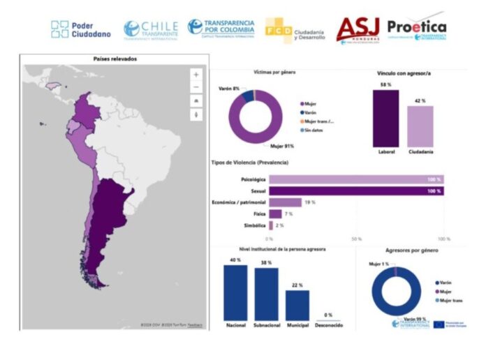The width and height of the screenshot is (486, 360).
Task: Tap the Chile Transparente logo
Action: pyautogui.click(x=151, y=29)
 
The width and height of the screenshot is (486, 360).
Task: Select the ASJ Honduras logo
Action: pyautogui.click(x=358, y=29)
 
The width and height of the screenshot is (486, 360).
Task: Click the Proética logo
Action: pyautogui.click(x=415, y=28)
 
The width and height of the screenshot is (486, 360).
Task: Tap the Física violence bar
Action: pyautogui.click(x=275, y=214)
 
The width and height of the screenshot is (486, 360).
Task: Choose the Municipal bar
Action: pyautogui.click(x=297, y=304)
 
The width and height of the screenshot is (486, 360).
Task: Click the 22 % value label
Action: pyautogui.click(x=297, y=285)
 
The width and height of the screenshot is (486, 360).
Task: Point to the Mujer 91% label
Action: pyautogui.click(x=281, y=147)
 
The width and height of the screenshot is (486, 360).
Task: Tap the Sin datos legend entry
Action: pyautogui.click(x=312, y=130)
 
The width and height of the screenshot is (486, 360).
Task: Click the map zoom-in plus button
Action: pyautogui.click(x=196, y=74)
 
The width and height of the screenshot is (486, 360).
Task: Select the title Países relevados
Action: pyautogui.click(x=115, y=60)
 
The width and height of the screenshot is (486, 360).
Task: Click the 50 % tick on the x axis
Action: pyautogui.click(x=356, y=239)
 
